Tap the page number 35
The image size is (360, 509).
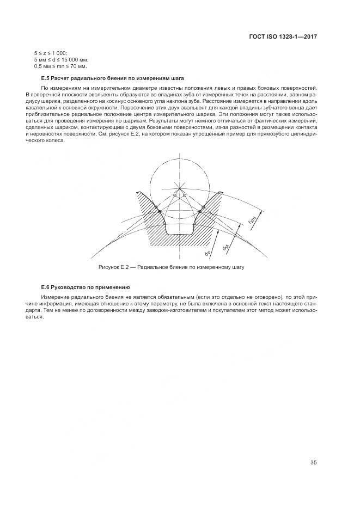(313, 463)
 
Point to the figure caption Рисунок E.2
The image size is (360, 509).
(171, 268)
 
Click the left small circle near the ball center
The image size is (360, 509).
(174, 195)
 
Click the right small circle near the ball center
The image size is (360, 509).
(185, 195)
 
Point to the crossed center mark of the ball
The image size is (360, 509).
(179, 188)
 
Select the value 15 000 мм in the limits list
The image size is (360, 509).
(75, 59)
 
